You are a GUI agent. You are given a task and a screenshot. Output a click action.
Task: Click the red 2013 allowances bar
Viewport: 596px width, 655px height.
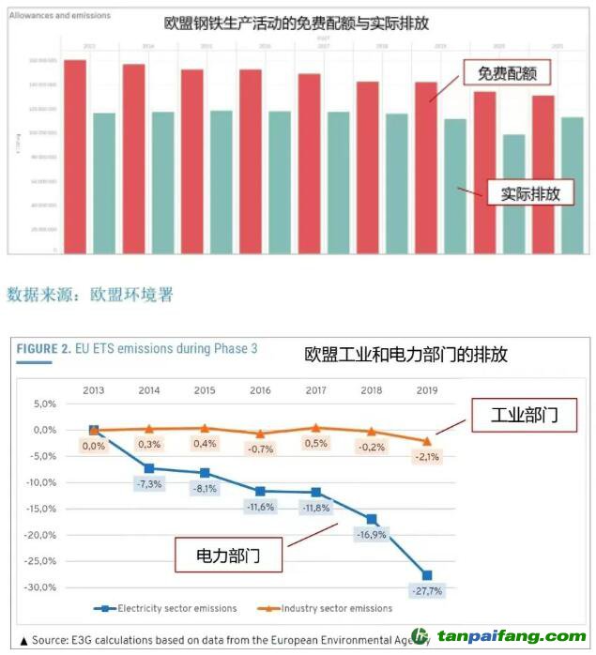pyautogui.click(x=75, y=155)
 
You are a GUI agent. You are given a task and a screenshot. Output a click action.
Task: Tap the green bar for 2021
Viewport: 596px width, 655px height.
pyautogui.click(x=572, y=184)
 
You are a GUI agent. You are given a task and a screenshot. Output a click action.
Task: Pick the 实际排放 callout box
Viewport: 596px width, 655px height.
pyautogui.click(x=530, y=193)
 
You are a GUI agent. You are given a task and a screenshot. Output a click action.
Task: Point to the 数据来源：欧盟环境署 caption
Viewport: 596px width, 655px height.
pyautogui.click(x=90, y=295)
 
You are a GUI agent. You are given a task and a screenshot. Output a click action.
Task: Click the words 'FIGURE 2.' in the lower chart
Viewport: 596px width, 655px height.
pyautogui.click(x=43, y=349)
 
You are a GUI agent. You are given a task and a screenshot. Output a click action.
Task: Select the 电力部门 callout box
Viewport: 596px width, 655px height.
pyautogui.click(x=228, y=556)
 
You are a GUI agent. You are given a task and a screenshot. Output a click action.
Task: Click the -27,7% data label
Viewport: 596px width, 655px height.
pyautogui.click(x=426, y=591)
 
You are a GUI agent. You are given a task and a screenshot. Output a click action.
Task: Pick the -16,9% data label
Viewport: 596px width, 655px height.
pyautogui.click(x=372, y=535)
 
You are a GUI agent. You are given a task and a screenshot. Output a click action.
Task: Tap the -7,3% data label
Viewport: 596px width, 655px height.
pyautogui.click(x=149, y=483)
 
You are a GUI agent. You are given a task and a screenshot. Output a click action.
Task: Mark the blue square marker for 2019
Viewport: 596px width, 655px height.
pyautogui.click(x=427, y=575)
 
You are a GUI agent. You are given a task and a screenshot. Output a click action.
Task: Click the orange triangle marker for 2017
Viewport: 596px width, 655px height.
pyautogui.click(x=316, y=427)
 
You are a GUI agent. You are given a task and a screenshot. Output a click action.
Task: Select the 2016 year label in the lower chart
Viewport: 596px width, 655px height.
pyautogui.click(x=260, y=389)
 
